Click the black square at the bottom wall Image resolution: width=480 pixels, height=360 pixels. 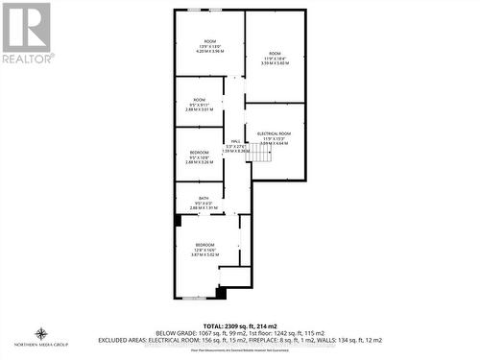pyautogui.click(x=221, y=292)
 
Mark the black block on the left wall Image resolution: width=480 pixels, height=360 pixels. pyautogui.click(x=179, y=221)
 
